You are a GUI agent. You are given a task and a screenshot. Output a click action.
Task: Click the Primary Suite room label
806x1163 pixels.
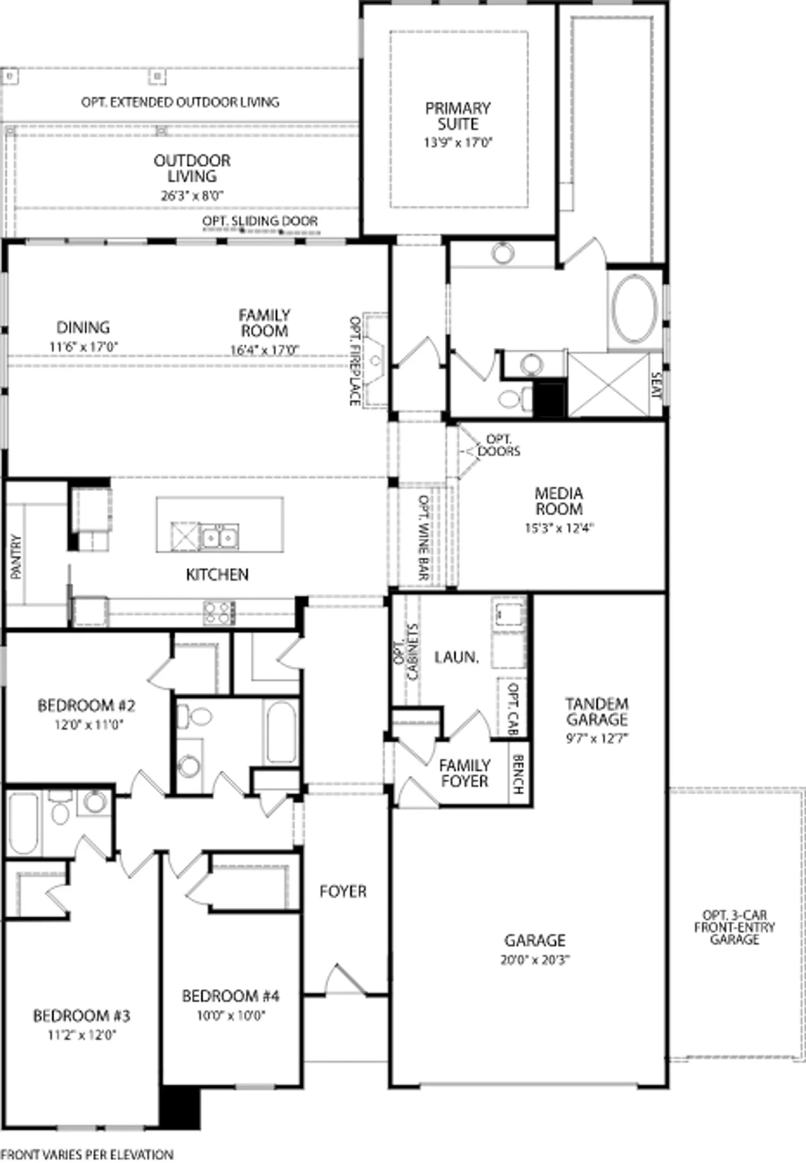[x=458, y=116]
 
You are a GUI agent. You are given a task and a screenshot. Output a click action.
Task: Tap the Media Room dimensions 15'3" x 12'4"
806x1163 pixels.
[x=559, y=528]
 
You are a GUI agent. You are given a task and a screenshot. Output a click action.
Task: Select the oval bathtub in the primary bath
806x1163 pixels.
[x=635, y=309]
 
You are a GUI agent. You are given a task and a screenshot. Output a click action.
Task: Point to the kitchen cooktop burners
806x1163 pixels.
[x=219, y=613]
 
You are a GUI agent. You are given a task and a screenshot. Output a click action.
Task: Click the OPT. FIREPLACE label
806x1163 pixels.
[x=355, y=361]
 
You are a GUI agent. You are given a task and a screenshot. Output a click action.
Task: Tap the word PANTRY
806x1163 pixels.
[x=16, y=557]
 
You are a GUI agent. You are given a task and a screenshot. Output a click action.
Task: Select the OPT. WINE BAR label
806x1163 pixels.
[x=424, y=538]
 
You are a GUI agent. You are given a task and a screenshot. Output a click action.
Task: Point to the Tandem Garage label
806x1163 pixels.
[x=597, y=712]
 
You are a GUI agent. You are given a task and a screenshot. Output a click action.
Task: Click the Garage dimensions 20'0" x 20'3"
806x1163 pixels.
[x=535, y=960]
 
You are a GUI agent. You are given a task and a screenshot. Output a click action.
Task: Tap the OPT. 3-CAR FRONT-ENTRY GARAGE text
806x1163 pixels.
[x=734, y=927]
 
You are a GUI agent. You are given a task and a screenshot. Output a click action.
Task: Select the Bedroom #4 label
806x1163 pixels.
[x=231, y=996]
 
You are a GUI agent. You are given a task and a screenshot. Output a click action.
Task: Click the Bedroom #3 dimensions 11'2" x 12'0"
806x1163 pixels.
[x=82, y=1035]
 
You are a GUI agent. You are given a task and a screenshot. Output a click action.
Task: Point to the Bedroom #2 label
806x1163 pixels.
[x=86, y=706]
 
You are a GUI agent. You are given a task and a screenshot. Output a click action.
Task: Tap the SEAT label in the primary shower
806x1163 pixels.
[x=656, y=385]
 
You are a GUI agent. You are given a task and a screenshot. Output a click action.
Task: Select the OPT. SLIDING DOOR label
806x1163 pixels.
[x=260, y=221]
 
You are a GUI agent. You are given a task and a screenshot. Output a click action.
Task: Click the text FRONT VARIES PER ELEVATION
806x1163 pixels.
[x=87, y=1154]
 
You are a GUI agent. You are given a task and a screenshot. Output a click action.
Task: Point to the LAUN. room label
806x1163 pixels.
[x=457, y=657]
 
